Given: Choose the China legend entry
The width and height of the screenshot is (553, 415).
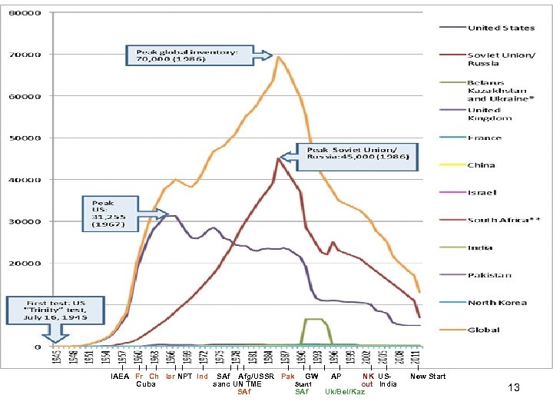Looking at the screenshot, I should (x=482, y=165).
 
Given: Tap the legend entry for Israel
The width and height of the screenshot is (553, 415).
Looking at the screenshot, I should (x=482, y=193).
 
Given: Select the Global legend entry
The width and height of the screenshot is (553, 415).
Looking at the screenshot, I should (x=484, y=330).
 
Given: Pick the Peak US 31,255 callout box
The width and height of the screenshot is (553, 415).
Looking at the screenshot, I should (x=110, y=214).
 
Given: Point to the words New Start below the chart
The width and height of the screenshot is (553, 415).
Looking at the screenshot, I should (x=428, y=377).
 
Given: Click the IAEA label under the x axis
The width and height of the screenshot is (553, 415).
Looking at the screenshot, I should (x=120, y=377).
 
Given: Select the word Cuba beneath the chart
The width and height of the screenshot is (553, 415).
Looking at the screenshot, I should (x=145, y=384).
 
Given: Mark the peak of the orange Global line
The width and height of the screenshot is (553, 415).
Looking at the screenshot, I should (x=278, y=56).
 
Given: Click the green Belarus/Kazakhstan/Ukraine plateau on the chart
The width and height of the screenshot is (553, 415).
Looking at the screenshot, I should (x=314, y=319).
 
